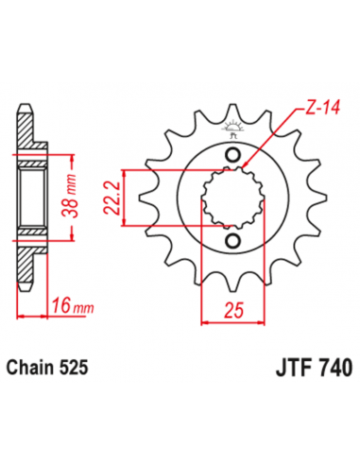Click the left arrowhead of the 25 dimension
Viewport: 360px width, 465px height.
tap(205, 322)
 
